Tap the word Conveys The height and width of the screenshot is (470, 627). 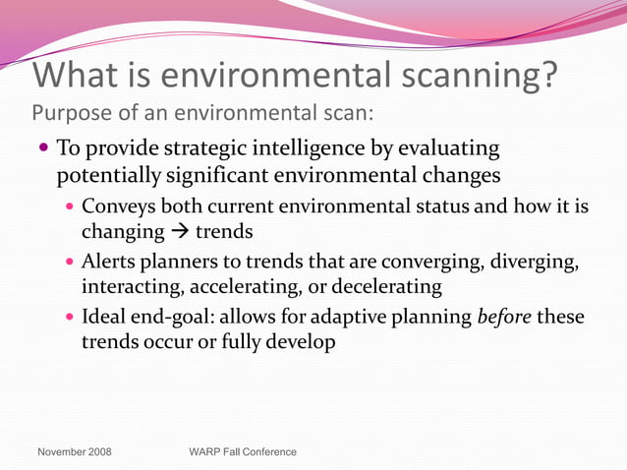[x=119, y=206]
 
